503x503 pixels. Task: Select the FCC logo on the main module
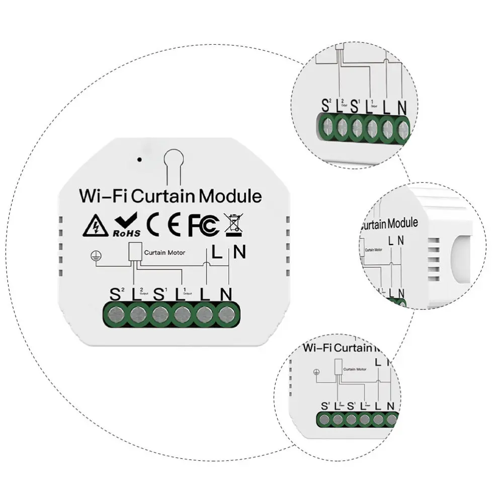tap(203, 226)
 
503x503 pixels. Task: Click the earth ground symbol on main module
tap(93, 256)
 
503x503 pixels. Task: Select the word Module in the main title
tap(230, 196)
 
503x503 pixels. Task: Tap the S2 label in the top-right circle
tap(326, 107)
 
